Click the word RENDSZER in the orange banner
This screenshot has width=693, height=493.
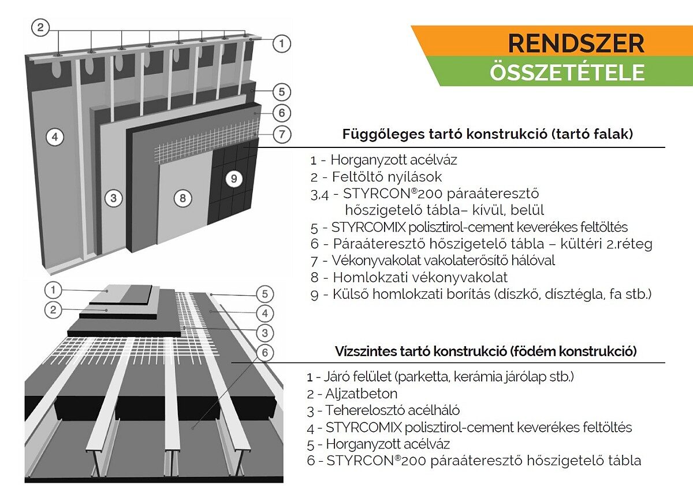575,43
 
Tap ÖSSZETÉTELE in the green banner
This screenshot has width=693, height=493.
567,73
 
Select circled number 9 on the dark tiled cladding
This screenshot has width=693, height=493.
233,179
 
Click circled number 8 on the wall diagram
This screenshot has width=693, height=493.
182,198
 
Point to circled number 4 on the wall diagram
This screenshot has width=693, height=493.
54,138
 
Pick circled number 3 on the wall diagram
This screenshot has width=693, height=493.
114,198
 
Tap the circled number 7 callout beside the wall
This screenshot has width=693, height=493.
281,135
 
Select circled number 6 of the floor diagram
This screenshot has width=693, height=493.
264,352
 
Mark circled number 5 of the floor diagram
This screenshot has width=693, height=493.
264,294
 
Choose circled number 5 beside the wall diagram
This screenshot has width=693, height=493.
281,91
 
